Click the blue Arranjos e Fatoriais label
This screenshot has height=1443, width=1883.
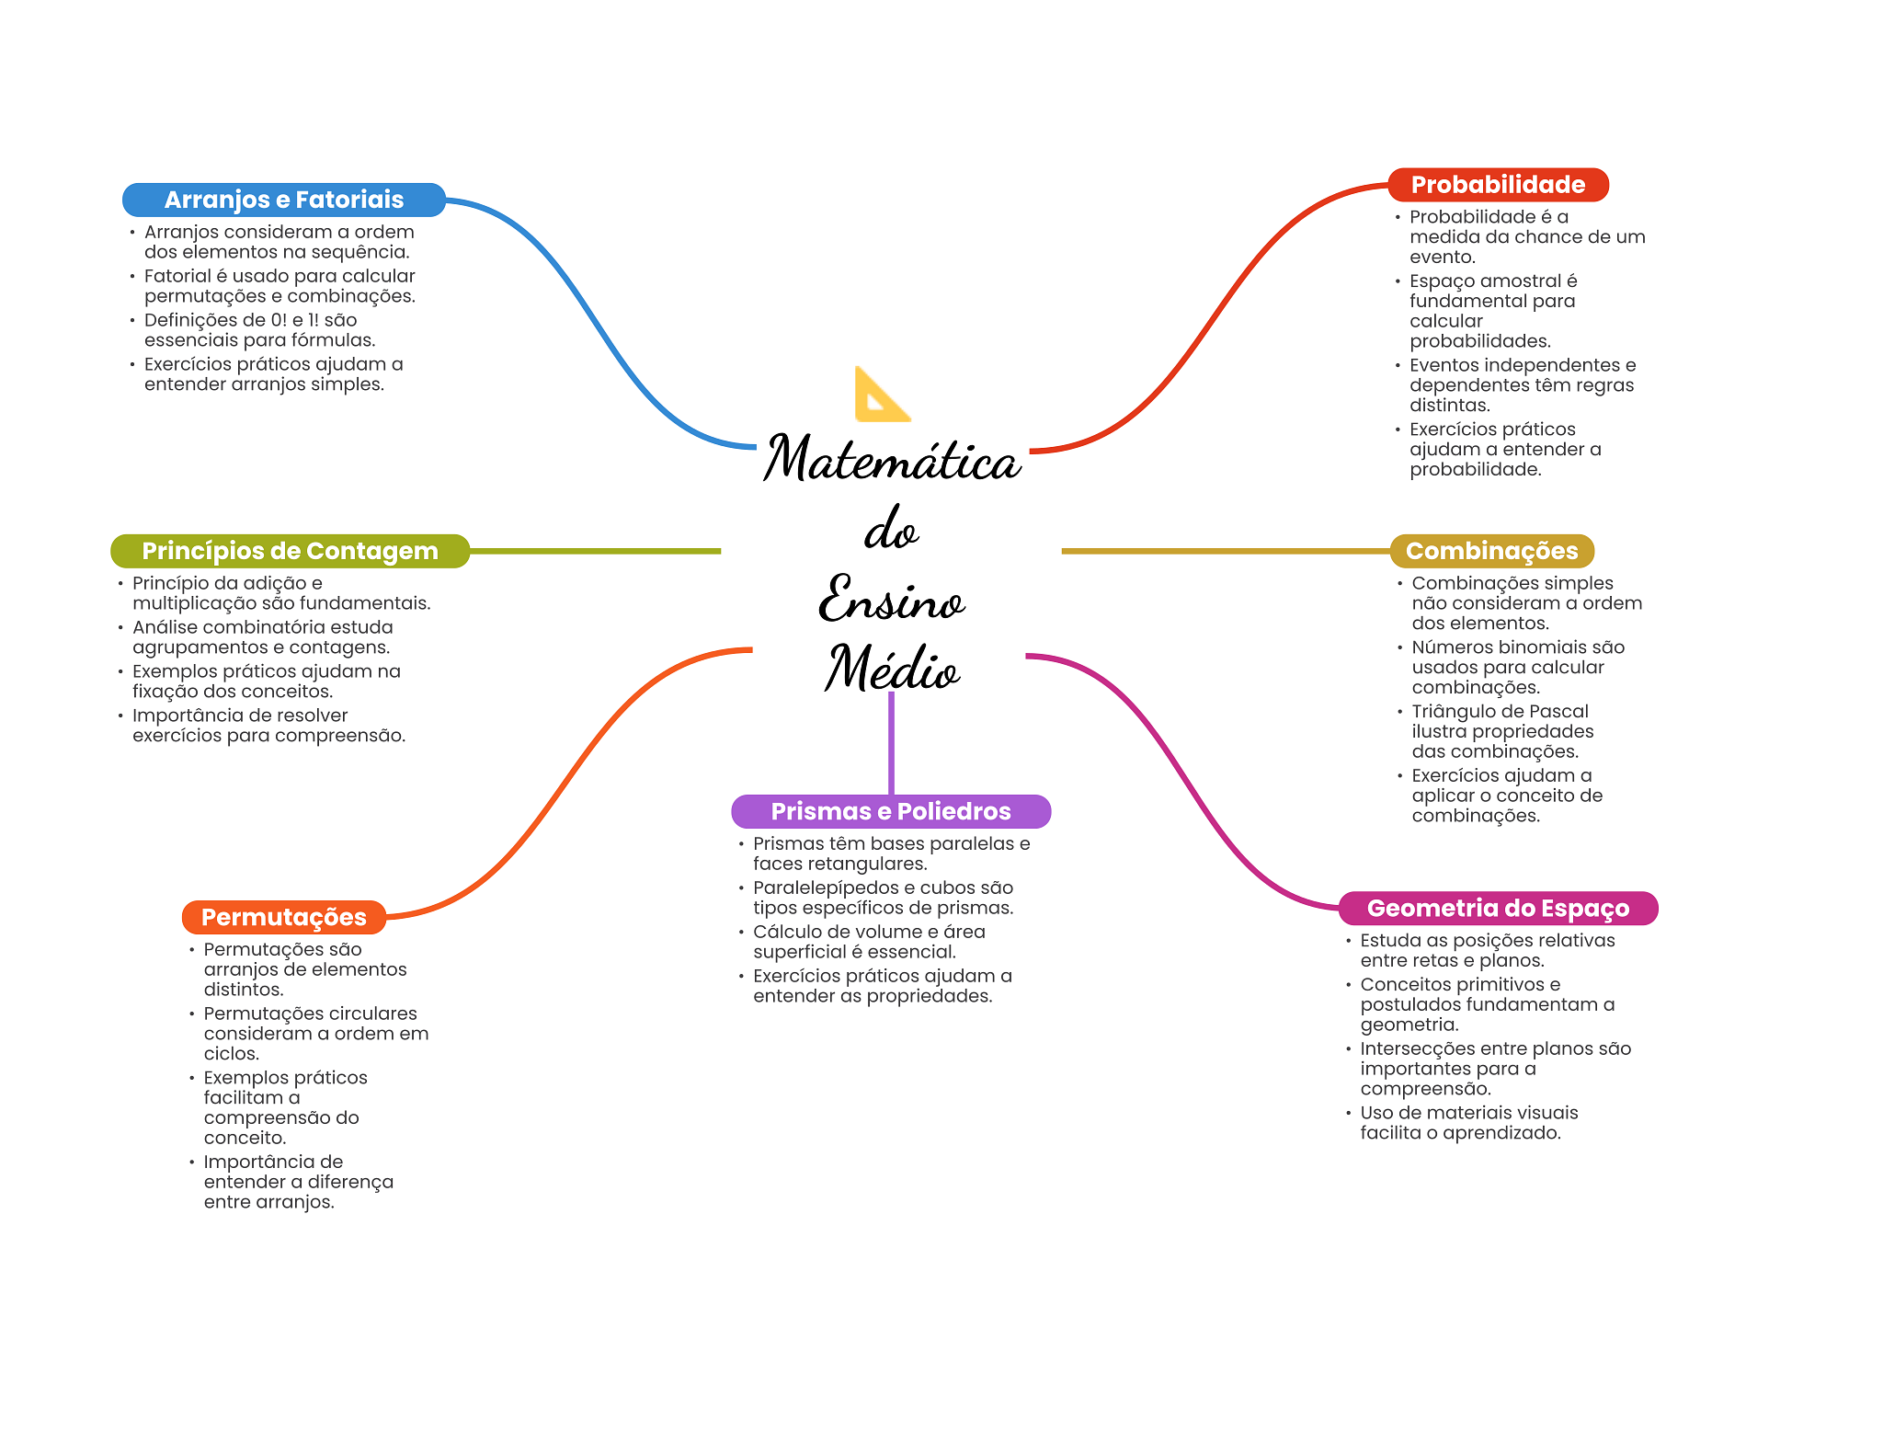(x=283, y=200)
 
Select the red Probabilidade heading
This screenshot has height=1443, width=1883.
(x=1497, y=185)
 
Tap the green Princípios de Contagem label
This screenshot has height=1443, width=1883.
(x=290, y=551)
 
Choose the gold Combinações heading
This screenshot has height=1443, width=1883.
(x=1491, y=551)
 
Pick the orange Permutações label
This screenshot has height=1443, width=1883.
(x=283, y=917)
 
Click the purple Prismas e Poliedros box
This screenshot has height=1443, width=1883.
(x=890, y=811)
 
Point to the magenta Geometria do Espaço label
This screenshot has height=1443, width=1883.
(x=1497, y=909)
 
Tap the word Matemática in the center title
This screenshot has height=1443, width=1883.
(x=892, y=459)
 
